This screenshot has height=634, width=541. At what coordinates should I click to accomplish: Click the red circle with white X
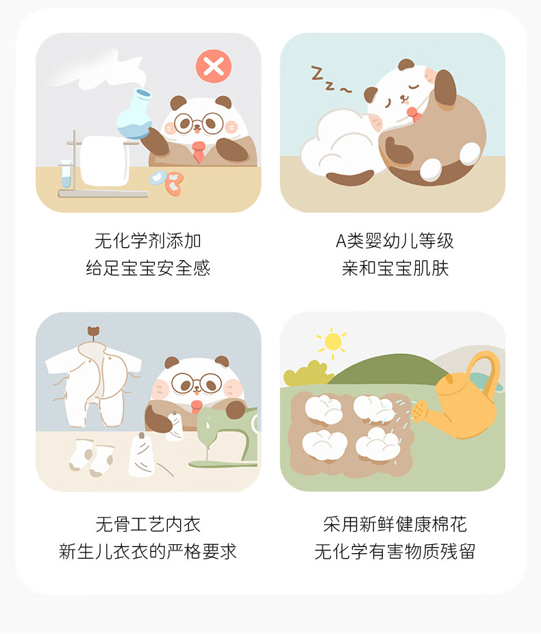point(214,66)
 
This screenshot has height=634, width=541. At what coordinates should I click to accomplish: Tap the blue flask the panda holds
point(135,115)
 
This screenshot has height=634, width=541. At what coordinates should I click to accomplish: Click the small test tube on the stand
point(66,175)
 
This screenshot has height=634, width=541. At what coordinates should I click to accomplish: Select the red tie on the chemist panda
point(198,151)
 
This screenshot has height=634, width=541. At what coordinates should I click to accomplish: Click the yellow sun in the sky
point(332,342)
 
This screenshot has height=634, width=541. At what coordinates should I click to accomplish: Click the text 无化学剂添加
point(148,241)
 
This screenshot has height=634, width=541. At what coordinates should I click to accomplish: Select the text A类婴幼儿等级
point(394,241)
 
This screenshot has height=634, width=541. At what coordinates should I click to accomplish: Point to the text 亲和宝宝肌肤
point(395,268)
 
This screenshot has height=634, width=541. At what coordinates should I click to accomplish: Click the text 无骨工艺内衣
point(148,524)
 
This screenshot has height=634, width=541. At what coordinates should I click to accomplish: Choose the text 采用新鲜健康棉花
point(395,524)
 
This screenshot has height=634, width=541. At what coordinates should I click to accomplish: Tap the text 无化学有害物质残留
point(395,552)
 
